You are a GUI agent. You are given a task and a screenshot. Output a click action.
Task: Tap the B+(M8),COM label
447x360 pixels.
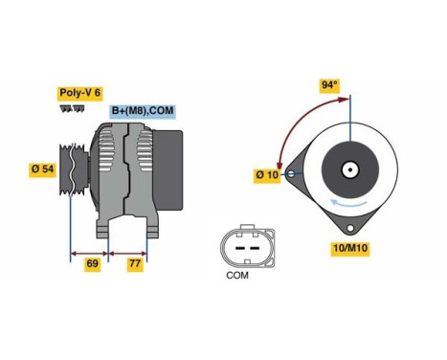pos(141,111)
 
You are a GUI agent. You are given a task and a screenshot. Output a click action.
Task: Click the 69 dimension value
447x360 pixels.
pos(92,263)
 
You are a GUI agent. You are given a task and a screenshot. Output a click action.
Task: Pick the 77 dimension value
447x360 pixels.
pos(134,263)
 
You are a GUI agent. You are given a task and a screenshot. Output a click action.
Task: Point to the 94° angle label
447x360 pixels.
pos(329,85)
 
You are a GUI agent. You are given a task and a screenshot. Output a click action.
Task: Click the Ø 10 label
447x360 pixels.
pos(266,175)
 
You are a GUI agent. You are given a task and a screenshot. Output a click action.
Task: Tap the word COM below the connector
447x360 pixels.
pos(237,278)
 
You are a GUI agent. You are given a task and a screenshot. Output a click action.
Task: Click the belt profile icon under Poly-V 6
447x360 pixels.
pos(71,109)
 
